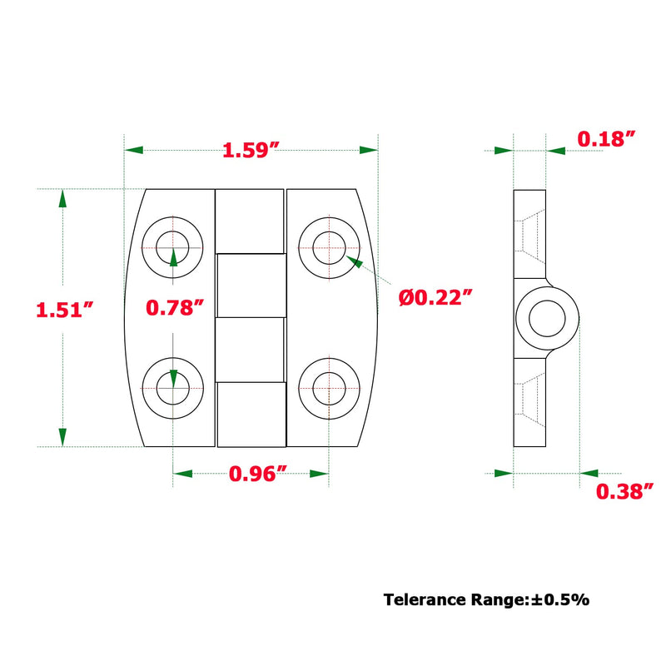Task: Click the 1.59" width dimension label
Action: point(251,151)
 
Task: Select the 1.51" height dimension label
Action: point(64,310)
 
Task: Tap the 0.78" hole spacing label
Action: point(175,307)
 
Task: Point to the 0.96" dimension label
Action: point(258,474)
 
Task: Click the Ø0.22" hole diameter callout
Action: point(435,297)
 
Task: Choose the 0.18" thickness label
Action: point(606,139)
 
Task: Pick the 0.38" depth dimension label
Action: point(624,491)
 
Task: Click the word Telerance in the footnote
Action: point(425,599)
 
